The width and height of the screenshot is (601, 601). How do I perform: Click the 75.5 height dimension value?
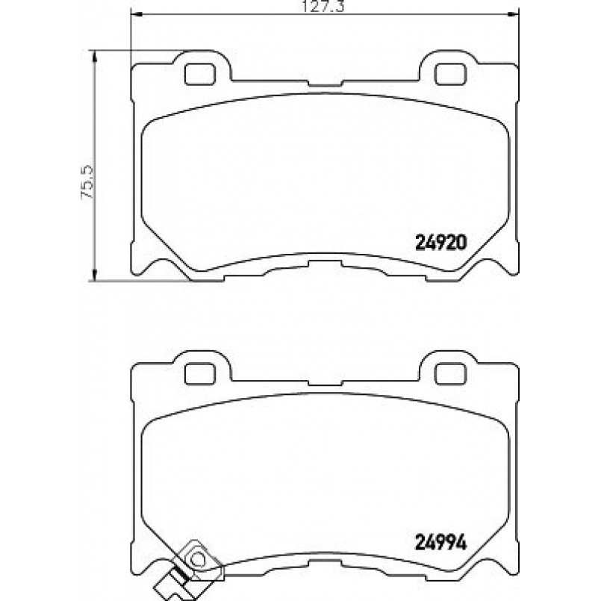(87, 181)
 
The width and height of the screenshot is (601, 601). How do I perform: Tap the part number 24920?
(441, 243)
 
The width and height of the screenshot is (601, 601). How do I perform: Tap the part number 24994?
(441, 542)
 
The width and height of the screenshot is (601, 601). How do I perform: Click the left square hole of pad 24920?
(199, 74)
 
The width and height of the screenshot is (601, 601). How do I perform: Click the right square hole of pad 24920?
(450, 74)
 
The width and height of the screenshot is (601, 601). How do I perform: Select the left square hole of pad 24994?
(199, 373)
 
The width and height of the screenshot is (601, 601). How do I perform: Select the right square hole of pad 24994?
(450, 373)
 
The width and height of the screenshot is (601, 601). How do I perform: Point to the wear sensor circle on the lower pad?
(197, 560)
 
